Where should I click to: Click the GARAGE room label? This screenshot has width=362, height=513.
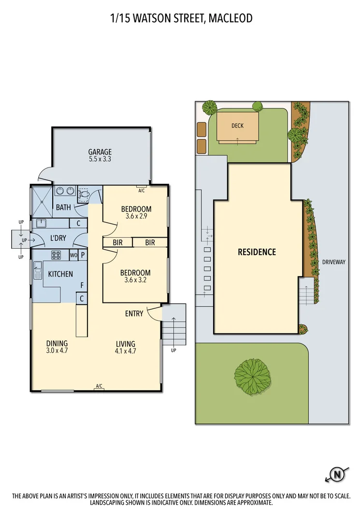click(x=100, y=151)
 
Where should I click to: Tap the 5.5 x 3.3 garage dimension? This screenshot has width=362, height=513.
click(x=100, y=159)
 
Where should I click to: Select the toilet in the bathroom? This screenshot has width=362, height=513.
click(x=84, y=195)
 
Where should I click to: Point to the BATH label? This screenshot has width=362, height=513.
click(x=63, y=208)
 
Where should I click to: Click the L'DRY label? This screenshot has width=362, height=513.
click(x=58, y=238)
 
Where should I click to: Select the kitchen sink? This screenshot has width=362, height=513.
click(x=38, y=270)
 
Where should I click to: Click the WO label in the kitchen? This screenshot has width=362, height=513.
click(x=74, y=255)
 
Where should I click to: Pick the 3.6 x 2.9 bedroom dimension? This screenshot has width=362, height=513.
click(x=136, y=216)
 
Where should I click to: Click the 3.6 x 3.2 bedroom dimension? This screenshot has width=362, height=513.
click(x=135, y=280)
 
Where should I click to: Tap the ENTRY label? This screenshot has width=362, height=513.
click(x=134, y=314)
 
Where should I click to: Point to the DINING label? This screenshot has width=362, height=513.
click(x=57, y=344)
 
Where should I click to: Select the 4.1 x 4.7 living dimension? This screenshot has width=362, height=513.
click(x=125, y=351)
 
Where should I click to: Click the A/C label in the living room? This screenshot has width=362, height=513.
click(x=99, y=386)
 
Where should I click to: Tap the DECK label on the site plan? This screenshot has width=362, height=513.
click(x=237, y=126)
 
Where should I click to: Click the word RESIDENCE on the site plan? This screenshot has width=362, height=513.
click(x=257, y=252)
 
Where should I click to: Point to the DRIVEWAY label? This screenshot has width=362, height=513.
click(x=333, y=262)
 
